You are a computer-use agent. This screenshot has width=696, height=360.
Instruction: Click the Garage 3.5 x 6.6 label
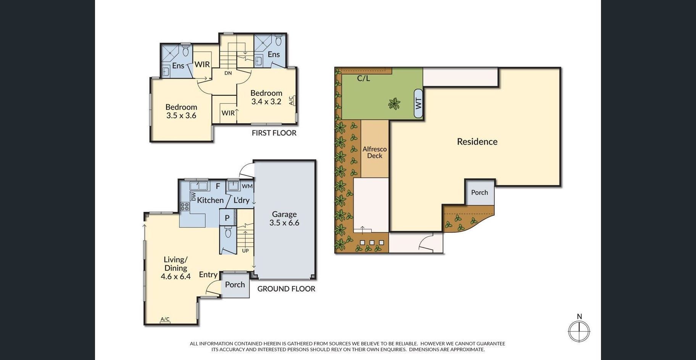[x=284, y=219]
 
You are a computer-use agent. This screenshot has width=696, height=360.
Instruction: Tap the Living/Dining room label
[x=176, y=268]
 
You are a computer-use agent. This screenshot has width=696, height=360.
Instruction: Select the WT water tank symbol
[x=418, y=103]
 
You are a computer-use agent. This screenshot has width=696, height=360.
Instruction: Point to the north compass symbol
[x=579, y=328]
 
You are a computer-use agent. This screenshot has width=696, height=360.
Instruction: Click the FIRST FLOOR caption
[x=274, y=133]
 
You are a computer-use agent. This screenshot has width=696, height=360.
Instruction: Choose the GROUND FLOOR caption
[x=286, y=289]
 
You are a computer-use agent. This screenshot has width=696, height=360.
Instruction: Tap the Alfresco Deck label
[x=375, y=152]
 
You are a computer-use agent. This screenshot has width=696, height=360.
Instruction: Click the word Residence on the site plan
[x=477, y=141]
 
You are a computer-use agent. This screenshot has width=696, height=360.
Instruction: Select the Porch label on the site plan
[x=480, y=193]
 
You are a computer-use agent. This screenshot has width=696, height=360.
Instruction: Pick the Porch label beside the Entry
[x=235, y=284]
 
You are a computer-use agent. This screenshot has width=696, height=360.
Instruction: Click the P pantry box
[x=227, y=218]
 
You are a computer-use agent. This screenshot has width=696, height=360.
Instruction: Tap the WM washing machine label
[x=247, y=186]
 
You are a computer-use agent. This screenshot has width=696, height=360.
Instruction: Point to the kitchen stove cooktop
[x=185, y=206]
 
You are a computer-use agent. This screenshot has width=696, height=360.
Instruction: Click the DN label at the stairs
[x=228, y=73]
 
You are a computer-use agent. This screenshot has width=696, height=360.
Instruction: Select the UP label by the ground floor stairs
[x=245, y=251]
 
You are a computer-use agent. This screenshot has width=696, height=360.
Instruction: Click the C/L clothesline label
[x=364, y=79]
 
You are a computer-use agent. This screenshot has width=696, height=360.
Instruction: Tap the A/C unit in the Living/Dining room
[x=165, y=320]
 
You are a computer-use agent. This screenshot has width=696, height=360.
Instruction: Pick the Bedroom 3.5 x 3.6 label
[x=181, y=111]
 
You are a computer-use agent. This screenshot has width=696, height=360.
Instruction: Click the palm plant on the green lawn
[x=394, y=103]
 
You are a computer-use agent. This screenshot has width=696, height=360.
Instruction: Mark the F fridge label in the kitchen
[x=218, y=186]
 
